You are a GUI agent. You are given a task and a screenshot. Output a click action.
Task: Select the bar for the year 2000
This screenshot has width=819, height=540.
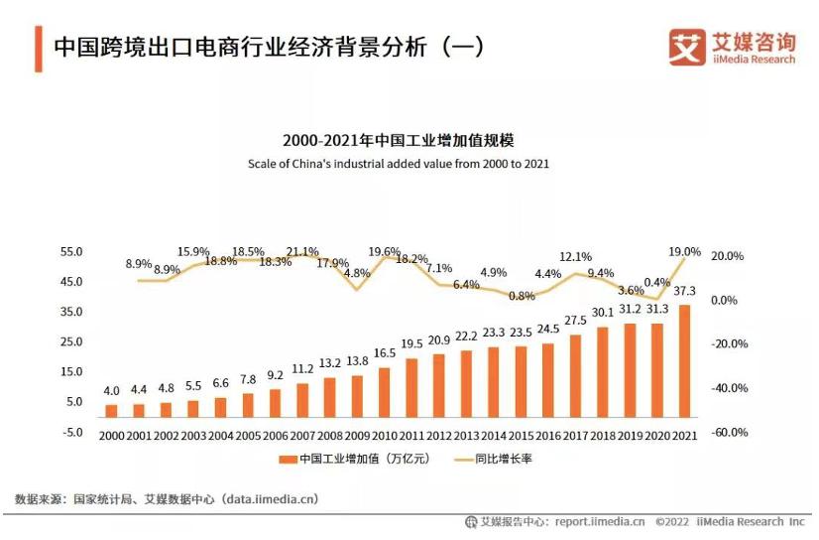(x=111, y=410)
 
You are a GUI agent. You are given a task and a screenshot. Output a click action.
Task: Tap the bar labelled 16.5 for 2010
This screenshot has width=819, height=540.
(x=384, y=391)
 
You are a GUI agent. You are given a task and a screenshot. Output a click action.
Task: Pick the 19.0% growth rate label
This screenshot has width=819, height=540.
(x=684, y=252)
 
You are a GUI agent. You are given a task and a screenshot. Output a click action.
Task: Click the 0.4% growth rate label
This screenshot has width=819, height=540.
(x=656, y=283)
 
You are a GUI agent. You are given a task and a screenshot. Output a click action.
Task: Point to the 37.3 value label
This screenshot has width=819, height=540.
(x=684, y=291)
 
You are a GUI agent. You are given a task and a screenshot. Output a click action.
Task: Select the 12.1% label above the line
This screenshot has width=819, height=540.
(x=575, y=257)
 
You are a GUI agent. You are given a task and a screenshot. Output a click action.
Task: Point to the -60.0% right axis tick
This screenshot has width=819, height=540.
(x=729, y=433)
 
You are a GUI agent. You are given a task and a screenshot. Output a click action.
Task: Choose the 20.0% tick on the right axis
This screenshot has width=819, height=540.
(x=728, y=256)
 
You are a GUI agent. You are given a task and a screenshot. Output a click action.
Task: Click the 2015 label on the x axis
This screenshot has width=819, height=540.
(x=521, y=434)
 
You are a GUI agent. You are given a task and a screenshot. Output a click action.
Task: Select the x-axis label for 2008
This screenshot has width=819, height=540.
(x=329, y=434)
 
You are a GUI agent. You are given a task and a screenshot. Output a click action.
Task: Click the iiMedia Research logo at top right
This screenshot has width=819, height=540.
(x=732, y=47)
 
